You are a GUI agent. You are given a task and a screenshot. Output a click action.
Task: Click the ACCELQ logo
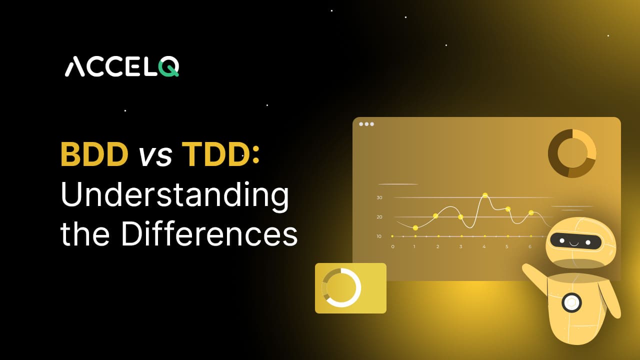pos(121,67)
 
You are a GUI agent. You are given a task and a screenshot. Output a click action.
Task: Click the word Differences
pos(209,233)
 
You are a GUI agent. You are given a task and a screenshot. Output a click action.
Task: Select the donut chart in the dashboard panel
pos(572,153)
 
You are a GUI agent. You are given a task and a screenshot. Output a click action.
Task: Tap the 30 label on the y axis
pos(379,197)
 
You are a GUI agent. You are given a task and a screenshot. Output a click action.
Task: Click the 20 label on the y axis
pos(379,217)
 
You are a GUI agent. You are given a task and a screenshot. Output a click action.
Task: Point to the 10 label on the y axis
pos(379,236)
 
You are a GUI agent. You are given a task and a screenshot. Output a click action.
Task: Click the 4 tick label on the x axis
pos(484,246)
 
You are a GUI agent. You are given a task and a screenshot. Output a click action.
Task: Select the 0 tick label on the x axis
pos(392,246)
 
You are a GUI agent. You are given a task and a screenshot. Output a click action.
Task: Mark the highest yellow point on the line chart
pos(485,195)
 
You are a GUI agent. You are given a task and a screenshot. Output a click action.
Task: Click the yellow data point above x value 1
pos(415,228)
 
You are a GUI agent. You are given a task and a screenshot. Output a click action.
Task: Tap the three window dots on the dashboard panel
pos(366,124)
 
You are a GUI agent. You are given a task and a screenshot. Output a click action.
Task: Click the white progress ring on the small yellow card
pos(342,287)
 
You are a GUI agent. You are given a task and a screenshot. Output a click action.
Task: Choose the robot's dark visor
pos(575,241)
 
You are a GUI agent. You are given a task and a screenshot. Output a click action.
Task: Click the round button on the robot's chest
pos(571,302)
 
